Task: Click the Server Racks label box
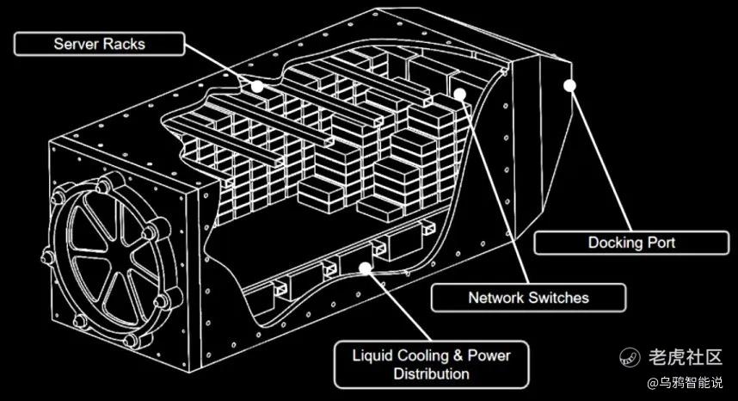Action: pos(99,44)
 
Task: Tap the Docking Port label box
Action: pos(631,243)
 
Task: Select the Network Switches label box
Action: pos(528,298)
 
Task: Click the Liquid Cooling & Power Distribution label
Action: pos(432,364)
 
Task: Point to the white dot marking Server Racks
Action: pos(257,87)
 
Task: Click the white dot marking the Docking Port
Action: pos(570,85)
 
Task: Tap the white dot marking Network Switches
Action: pos(460,95)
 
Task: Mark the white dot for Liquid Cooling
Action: pos(365,268)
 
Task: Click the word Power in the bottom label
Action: pos(489,355)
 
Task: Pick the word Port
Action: pos(661,243)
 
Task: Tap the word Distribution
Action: pos(432,373)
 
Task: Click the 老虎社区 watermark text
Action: pos(686,357)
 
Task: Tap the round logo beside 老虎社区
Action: pos(630,357)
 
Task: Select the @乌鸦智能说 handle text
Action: pos(686,383)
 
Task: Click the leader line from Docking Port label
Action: pos(600,158)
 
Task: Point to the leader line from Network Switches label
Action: pos(495,189)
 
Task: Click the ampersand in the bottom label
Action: pos(458,355)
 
